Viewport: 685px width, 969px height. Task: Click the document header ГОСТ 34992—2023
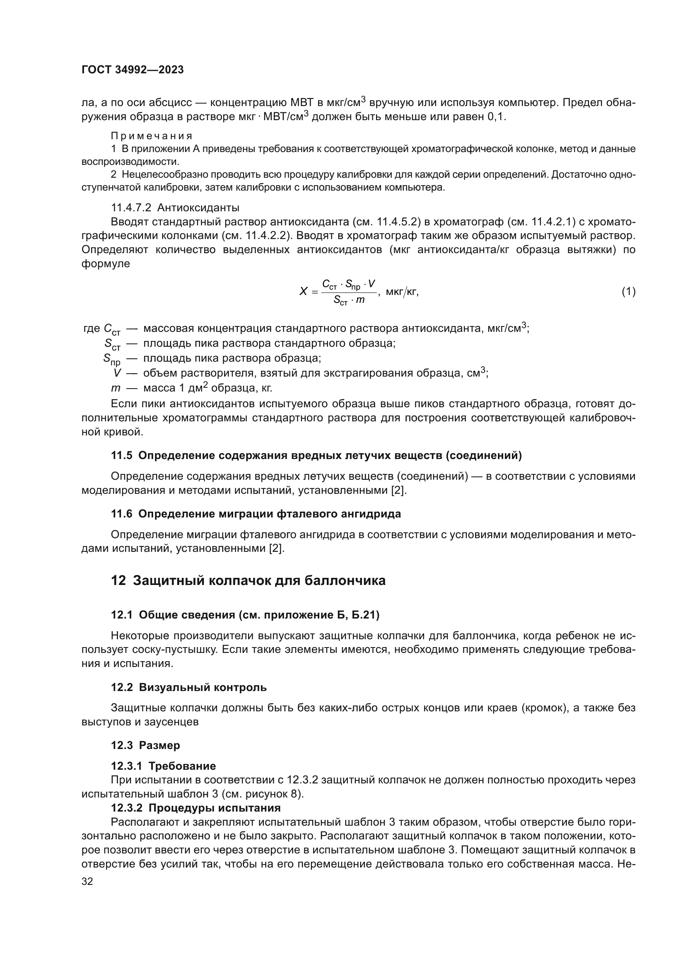point(133,70)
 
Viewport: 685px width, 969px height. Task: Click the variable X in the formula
point(303,291)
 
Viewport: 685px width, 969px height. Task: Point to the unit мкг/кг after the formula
point(402,291)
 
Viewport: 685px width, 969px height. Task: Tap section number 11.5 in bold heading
point(121,455)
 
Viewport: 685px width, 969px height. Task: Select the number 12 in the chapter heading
point(118,581)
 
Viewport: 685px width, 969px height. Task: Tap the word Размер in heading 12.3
point(159,745)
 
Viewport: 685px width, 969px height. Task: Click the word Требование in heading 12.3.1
point(182,766)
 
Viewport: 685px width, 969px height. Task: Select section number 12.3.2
point(127,808)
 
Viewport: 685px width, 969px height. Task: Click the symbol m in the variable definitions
point(115,388)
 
